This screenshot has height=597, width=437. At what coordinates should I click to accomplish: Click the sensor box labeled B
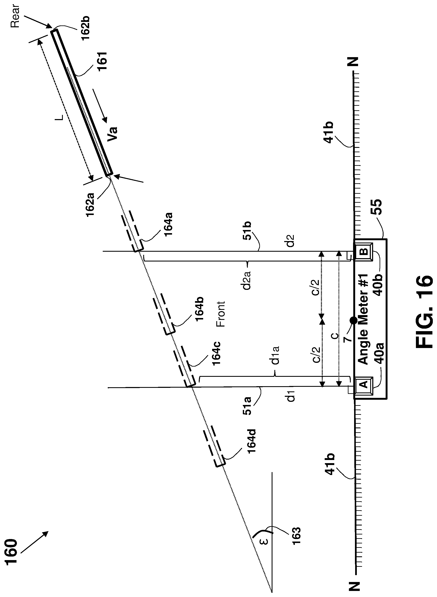click(x=364, y=251)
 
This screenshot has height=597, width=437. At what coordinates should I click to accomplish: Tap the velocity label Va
click(x=112, y=134)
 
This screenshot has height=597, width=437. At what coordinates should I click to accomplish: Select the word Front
click(x=221, y=314)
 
